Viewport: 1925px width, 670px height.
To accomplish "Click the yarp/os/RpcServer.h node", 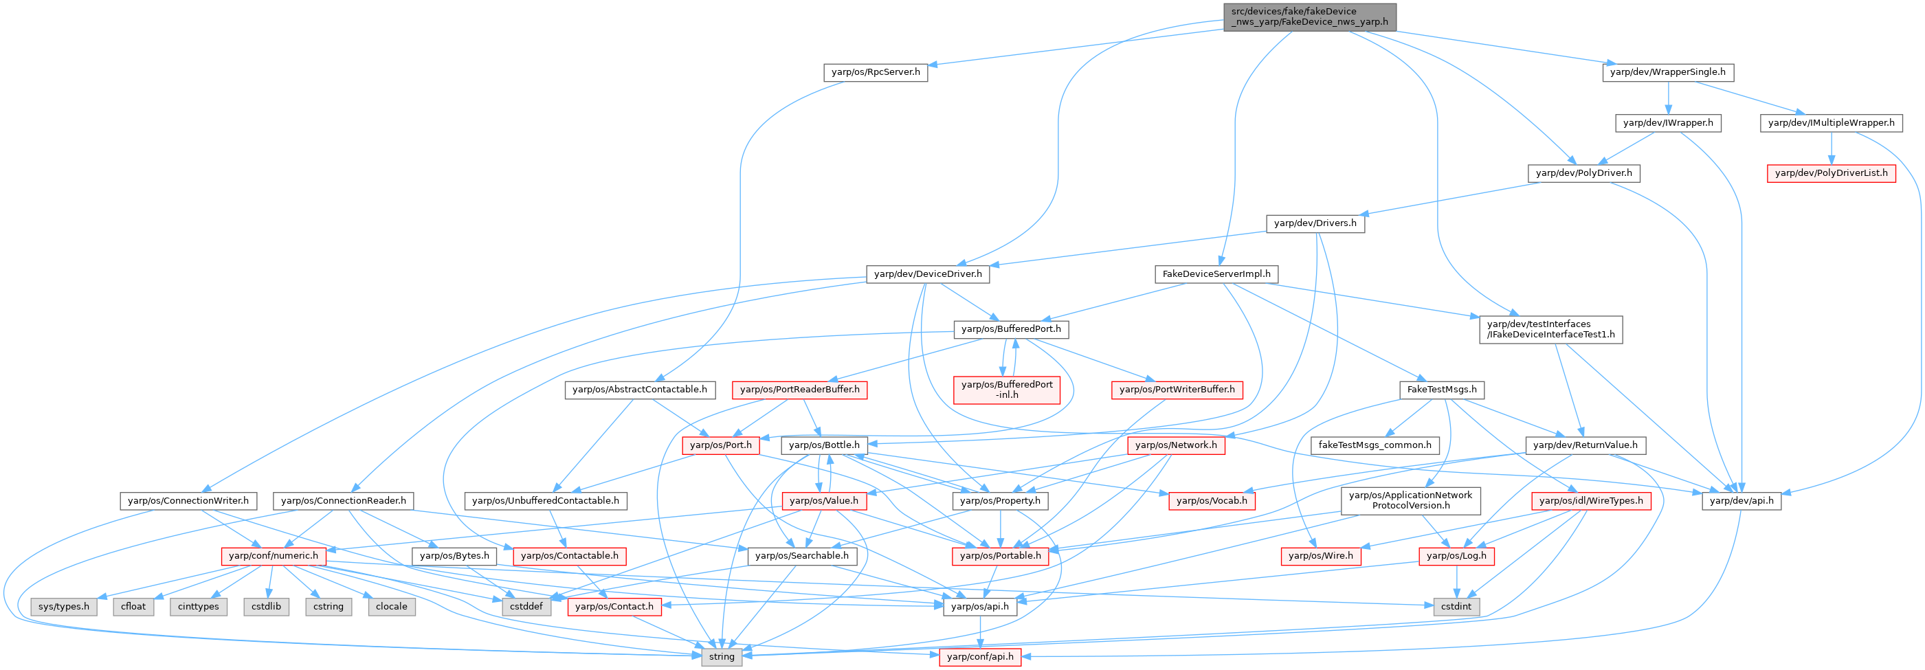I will (876, 72).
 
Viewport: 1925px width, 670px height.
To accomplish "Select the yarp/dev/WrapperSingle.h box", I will (1667, 72).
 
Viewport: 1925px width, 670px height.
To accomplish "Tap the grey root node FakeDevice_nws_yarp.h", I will (1309, 16).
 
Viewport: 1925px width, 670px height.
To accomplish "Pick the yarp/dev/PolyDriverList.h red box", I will (1831, 173).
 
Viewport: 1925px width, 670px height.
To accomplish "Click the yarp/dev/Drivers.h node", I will (1315, 223).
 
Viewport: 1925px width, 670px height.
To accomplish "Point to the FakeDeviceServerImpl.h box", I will (1216, 274).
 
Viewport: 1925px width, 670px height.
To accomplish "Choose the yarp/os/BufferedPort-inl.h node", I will (1007, 389).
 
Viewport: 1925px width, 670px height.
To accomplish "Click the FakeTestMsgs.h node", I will (1441, 390).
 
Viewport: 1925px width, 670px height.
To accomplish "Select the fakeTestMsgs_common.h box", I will (1375, 445).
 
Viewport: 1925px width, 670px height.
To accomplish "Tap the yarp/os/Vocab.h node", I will (1212, 500).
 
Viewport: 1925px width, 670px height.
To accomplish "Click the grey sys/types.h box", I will (63, 607).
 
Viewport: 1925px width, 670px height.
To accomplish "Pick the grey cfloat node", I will (133, 607).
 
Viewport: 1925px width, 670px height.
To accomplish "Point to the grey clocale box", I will (391, 607).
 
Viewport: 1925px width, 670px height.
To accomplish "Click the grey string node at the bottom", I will (721, 656).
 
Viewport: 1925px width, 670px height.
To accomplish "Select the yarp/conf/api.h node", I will (980, 656).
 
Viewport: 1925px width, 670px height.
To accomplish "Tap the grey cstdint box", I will (1455, 607).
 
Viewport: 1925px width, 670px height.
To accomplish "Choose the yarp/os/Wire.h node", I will (1320, 556).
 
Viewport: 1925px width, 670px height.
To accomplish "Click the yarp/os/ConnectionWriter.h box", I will (188, 500).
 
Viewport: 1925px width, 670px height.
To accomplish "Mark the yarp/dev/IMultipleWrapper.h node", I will (1831, 122).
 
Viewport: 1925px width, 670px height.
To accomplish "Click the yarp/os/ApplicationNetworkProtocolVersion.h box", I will (1410, 500).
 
